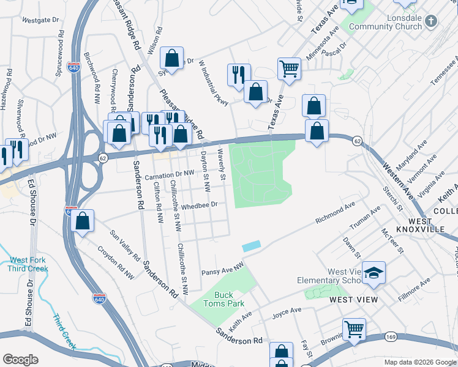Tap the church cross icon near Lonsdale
pyautogui.click(x=431, y=21)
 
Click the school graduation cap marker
pyautogui.click(x=374, y=272)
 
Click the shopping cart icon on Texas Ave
pyautogui.click(x=289, y=68)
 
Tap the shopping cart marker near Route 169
pyautogui.click(x=354, y=329)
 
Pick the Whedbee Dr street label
pyautogui.click(x=200, y=206)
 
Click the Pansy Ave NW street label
pyautogui.click(x=222, y=268)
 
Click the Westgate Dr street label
pyautogui.click(x=40, y=20)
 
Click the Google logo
pyautogui.click(x=21, y=360)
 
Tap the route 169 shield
pyautogui.click(x=391, y=337)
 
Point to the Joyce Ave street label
pyautogui.click(x=287, y=311)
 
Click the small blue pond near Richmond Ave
pyautogui.click(x=251, y=246)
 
